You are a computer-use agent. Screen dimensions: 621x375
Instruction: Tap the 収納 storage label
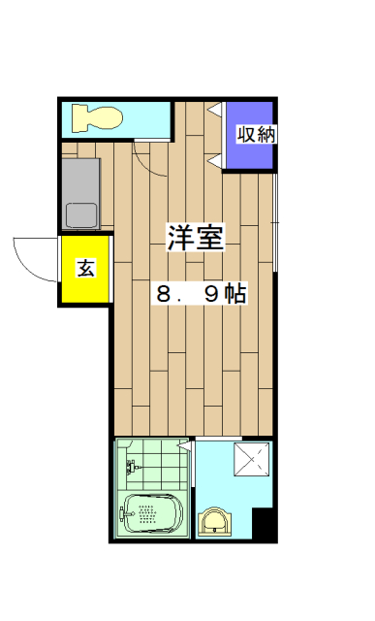pyautogui.click(x=254, y=135)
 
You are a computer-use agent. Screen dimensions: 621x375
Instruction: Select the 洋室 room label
pyautogui.click(x=196, y=238)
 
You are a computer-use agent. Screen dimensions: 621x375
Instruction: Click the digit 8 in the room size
pyautogui.click(x=166, y=294)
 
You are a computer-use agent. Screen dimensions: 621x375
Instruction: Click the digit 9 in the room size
pyautogui.click(x=209, y=294)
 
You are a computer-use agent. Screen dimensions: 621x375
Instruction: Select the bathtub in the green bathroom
pyautogui.click(x=151, y=513)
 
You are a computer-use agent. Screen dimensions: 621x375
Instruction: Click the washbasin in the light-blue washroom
pyautogui.click(x=214, y=522)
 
